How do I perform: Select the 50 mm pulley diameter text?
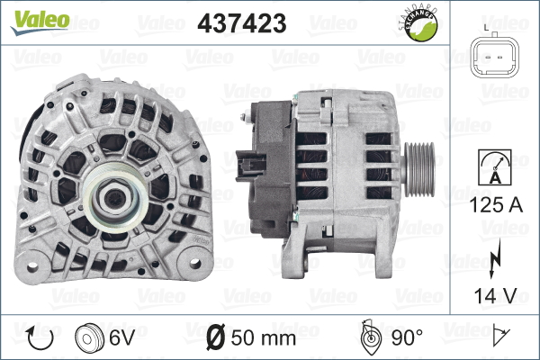click(265, 338)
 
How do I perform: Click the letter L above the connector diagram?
click(486, 29)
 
